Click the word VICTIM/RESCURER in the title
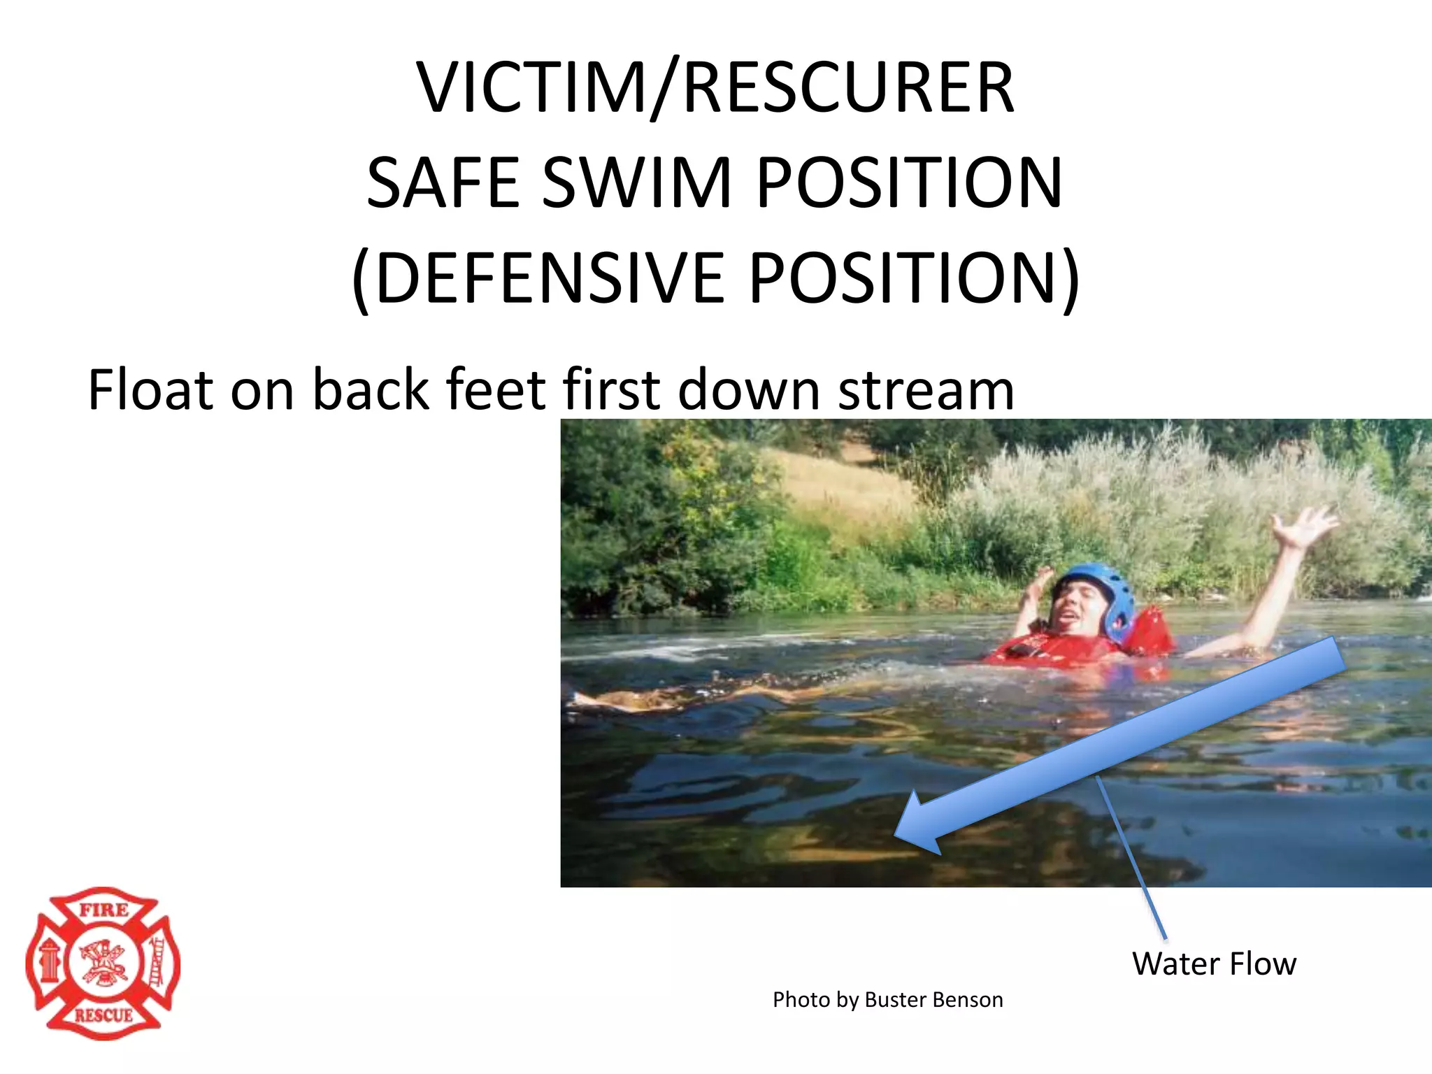pos(715,88)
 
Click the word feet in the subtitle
pos(495,390)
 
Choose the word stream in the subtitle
pos(926,390)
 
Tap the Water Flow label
pos(1214,964)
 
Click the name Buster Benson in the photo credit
pos(933,1000)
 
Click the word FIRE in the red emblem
pos(103,911)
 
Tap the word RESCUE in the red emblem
pos(103,1015)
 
